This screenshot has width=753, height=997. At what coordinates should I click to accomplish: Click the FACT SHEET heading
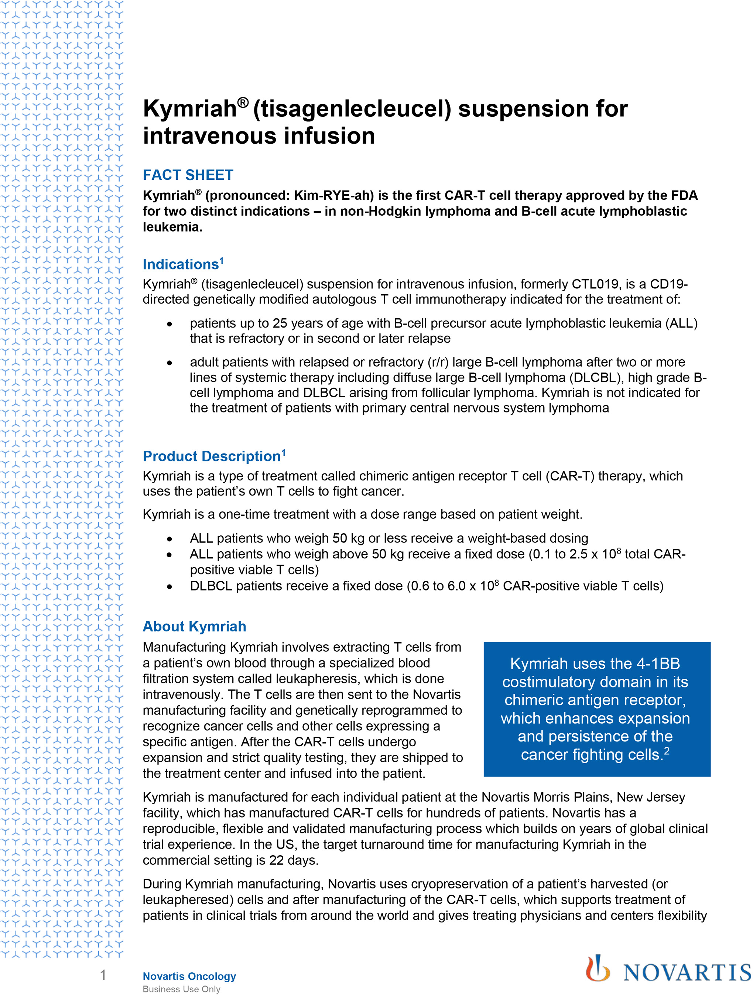(188, 175)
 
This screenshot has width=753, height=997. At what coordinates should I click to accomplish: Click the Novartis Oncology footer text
(189, 976)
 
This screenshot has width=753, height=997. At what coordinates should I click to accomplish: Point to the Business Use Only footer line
(181, 989)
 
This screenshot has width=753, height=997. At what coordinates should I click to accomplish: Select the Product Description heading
(212, 456)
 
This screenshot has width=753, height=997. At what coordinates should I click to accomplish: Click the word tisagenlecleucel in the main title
(352, 109)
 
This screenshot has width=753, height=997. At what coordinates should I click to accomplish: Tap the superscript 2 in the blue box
(667, 750)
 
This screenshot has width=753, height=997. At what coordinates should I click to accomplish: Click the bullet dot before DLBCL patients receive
(169, 586)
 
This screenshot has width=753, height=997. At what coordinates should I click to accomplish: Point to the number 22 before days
(276, 860)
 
